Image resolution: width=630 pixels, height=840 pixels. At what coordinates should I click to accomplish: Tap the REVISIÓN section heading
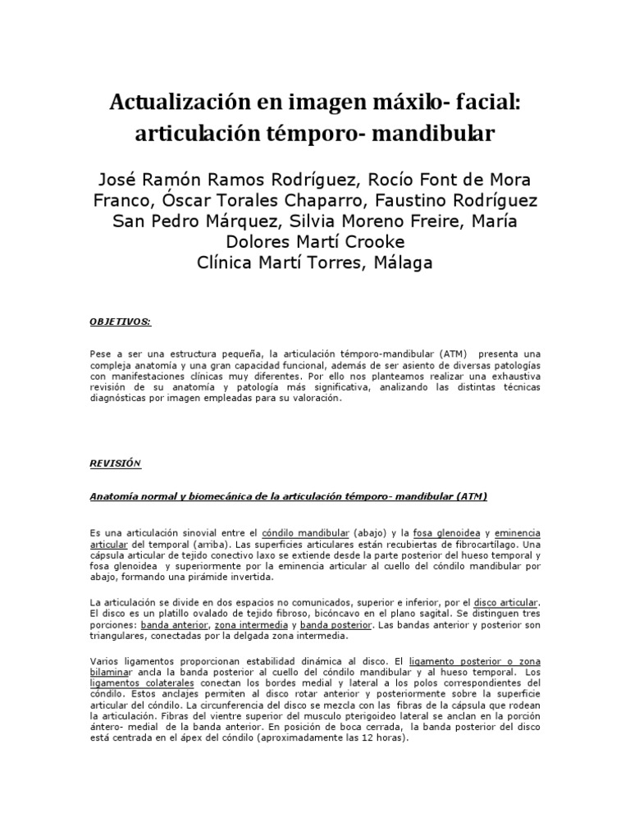pos(116,463)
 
